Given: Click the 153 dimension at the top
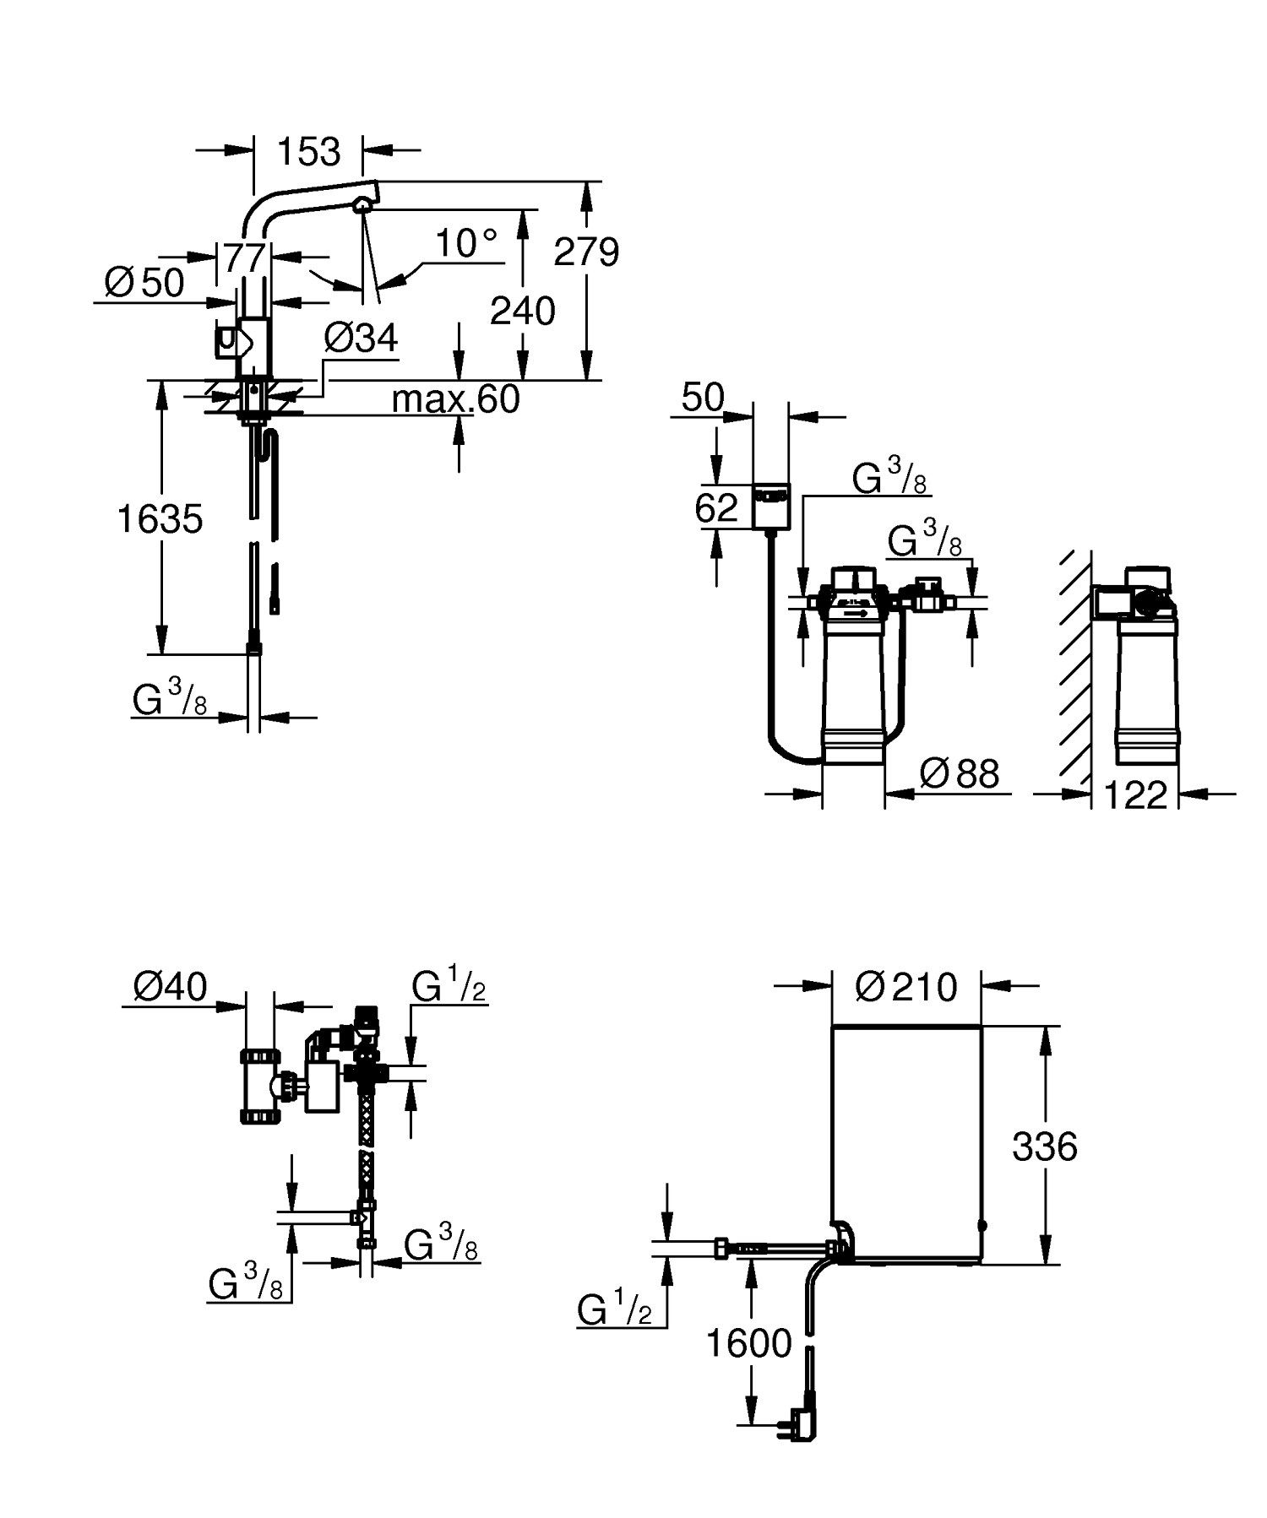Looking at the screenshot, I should (308, 152).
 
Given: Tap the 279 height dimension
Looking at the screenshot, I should (586, 252).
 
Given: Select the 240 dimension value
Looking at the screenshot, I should (523, 312).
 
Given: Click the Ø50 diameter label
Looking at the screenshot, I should (144, 284).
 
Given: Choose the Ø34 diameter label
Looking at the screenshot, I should (361, 339).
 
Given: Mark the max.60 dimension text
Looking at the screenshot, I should (455, 398).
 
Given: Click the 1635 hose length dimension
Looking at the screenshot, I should (160, 518).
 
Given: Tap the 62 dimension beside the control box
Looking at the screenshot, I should (716, 508).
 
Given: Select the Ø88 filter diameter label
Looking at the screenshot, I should (959, 773).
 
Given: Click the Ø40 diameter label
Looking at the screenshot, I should (170, 986).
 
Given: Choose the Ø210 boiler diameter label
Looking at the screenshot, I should (905, 986).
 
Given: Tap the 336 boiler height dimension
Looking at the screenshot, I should (1045, 1147).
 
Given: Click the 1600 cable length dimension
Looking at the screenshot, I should (749, 1343).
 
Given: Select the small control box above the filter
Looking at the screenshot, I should (769, 506).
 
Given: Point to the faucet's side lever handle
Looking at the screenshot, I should (228, 341).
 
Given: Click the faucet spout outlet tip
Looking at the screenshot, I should (363, 203).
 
